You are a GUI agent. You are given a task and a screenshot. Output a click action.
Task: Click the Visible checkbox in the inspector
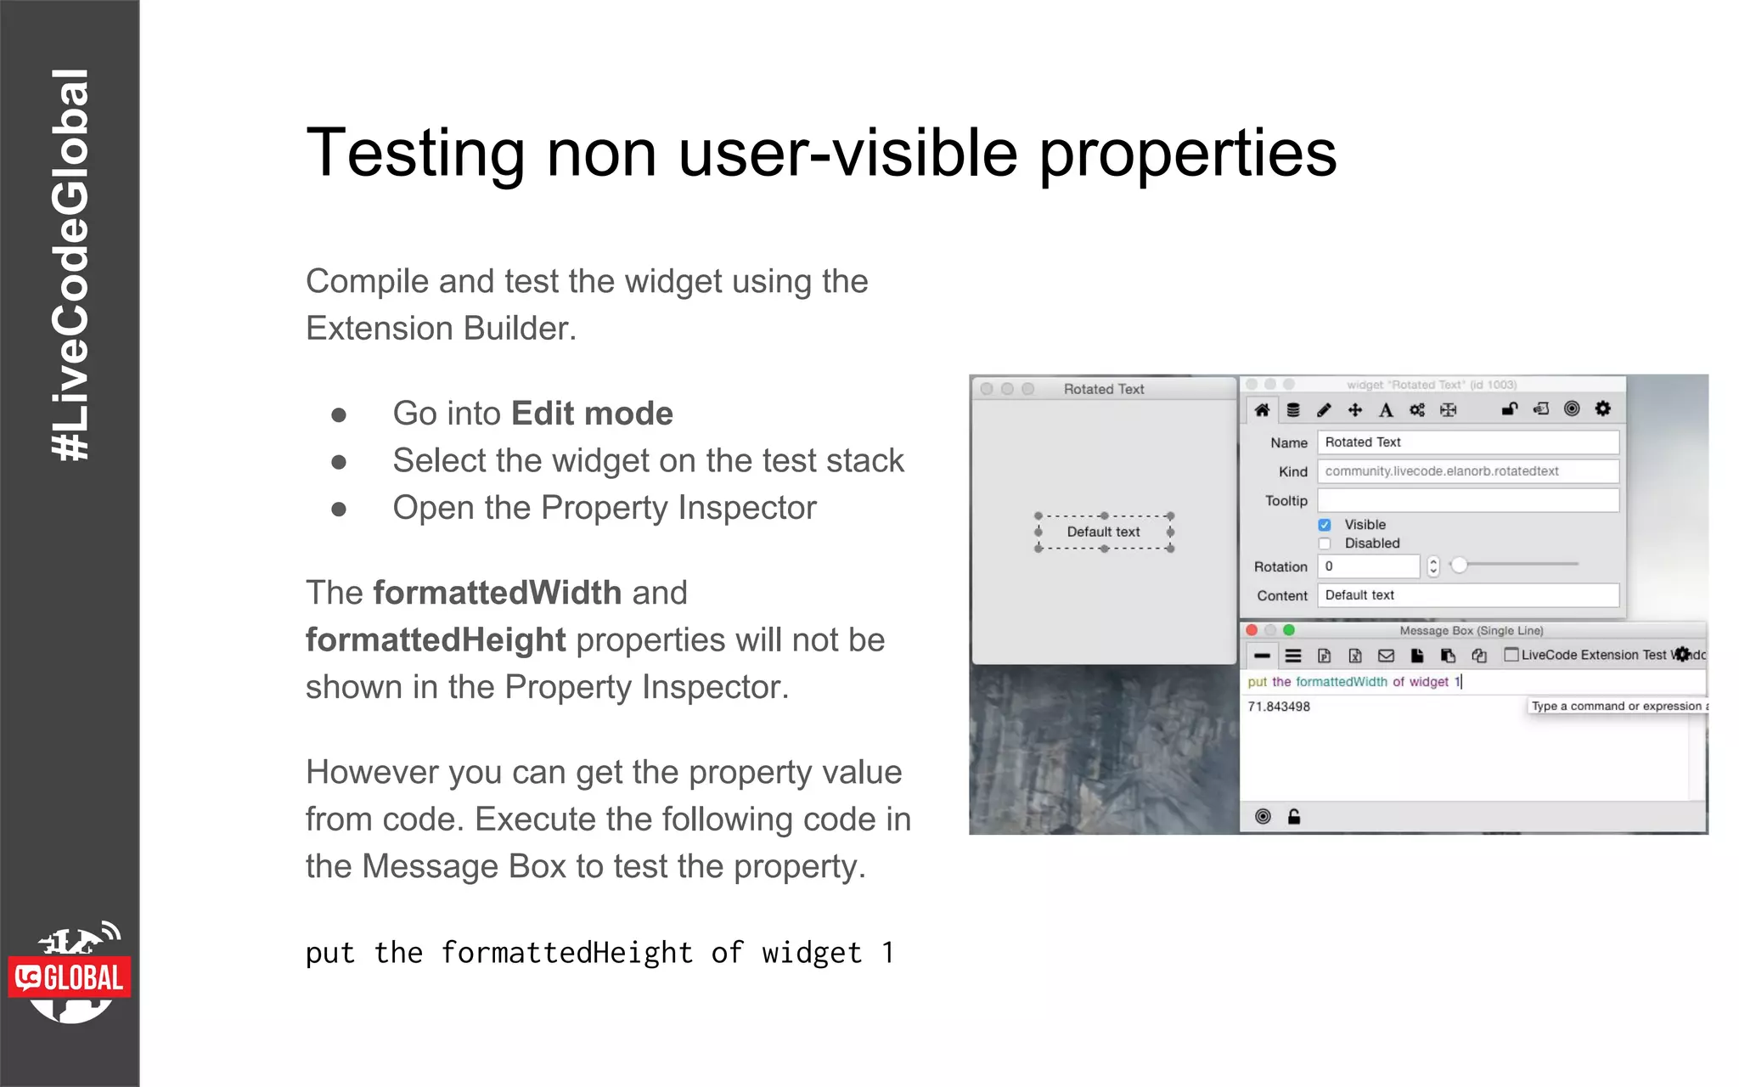1325,525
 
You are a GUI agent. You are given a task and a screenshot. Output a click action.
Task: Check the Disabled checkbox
1325,543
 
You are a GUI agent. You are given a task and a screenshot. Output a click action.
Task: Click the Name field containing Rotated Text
1467,442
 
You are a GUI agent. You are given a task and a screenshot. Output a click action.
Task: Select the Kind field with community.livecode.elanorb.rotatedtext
1467,471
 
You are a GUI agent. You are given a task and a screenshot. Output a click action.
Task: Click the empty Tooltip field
1467,500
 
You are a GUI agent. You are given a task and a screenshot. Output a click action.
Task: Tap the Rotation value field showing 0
1368,566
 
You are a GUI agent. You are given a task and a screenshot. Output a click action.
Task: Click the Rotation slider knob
1459,565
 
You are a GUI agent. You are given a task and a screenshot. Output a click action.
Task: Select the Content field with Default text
1467,595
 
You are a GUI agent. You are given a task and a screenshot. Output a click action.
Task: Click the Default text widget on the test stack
1103,532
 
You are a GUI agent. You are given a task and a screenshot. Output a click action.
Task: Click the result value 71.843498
1279,707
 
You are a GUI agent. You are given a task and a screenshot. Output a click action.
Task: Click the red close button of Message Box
1252,630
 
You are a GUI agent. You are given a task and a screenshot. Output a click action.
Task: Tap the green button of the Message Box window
1289,630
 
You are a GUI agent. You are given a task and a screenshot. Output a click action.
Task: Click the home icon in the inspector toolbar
1262,410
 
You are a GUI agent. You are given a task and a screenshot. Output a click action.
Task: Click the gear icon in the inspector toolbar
1602,408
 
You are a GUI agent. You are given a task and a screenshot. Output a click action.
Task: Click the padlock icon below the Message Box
1294,817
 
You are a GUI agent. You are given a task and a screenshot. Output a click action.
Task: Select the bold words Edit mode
592,414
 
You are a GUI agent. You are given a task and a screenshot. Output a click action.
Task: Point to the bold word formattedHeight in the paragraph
435,640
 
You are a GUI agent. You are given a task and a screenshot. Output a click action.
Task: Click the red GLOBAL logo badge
70,977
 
